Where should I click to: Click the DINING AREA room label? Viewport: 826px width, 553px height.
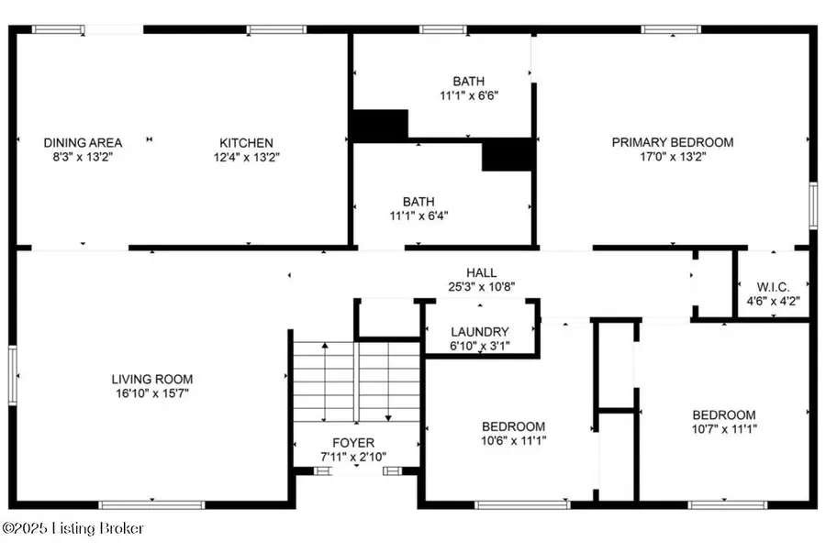pyautogui.click(x=83, y=142)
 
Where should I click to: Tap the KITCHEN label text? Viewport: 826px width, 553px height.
pyautogui.click(x=245, y=142)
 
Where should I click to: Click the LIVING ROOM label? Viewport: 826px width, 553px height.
pyautogui.click(x=152, y=379)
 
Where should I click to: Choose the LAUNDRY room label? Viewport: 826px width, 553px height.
pyautogui.click(x=480, y=331)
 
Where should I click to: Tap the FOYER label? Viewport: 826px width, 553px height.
pyautogui.click(x=352, y=443)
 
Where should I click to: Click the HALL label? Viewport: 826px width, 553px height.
pyautogui.click(x=481, y=272)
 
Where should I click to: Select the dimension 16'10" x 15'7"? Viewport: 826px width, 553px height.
pyautogui.click(x=152, y=393)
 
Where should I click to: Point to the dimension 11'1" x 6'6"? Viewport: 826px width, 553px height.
pyautogui.click(x=468, y=94)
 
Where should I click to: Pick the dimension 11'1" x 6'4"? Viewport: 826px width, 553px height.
pyautogui.click(x=418, y=216)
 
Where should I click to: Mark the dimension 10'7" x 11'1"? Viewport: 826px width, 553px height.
pyautogui.click(x=724, y=428)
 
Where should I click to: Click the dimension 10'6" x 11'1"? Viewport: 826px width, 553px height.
pyautogui.click(x=513, y=441)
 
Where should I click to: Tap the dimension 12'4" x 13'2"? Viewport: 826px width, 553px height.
pyautogui.click(x=245, y=157)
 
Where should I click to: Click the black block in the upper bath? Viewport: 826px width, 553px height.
pyautogui.click(x=380, y=126)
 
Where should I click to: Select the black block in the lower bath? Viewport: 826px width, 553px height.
pyautogui.click(x=508, y=154)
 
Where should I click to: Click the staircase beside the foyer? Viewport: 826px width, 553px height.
pyautogui.click(x=356, y=381)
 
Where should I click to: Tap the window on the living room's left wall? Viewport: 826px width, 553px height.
pyautogui.click(x=13, y=374)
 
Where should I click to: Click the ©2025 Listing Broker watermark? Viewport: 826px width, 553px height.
pyautogui.click(x=73, y=528)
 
